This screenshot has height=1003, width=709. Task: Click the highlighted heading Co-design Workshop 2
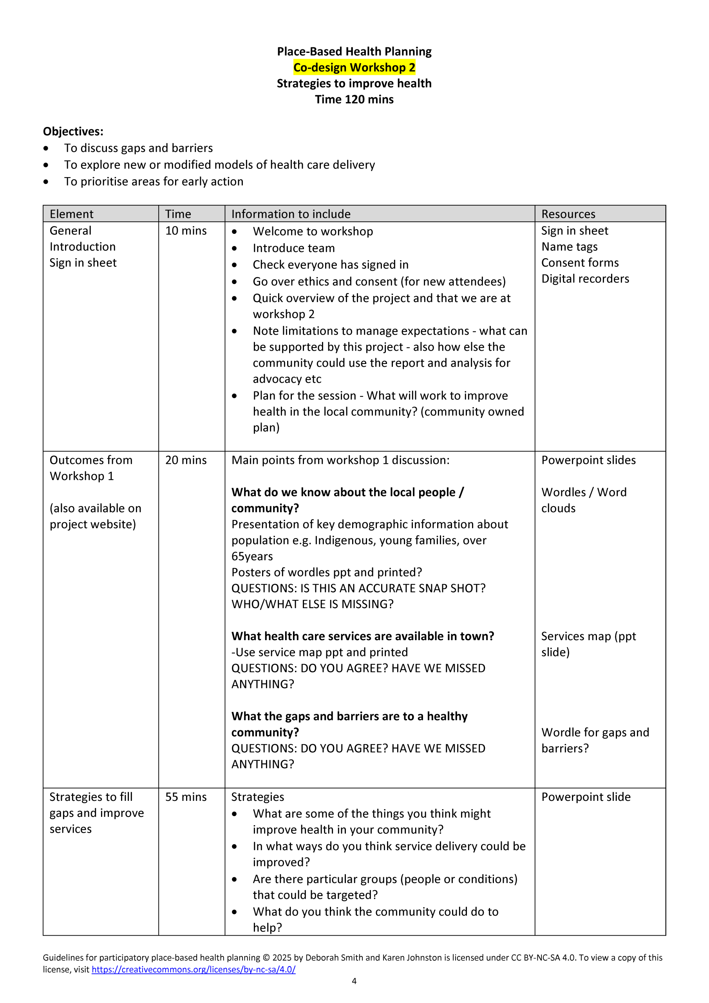[x=354, y=68]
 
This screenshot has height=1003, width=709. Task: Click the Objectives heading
[x=73, y=132]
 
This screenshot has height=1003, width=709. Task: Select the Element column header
[x=72, y=214]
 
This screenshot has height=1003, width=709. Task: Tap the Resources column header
[x=568, y=214]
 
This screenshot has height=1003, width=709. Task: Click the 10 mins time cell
[x=186, y=231]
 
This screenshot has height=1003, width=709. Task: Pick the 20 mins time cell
[x=186, y=460]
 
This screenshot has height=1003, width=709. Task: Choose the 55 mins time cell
[x=186, y=797]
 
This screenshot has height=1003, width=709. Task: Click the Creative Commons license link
[x=194, y=969]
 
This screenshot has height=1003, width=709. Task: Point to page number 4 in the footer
[x=354, y=981]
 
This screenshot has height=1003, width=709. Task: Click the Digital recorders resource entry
[x=585, y=279]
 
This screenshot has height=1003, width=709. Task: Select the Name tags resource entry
[x=569, y=247]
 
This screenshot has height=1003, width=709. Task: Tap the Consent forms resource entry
[x=580, y=263]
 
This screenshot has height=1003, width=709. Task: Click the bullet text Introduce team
[x=293, y=248]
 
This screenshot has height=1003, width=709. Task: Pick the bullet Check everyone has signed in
[x=330, y=265]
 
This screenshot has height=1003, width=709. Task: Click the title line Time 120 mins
[x=354, y=100]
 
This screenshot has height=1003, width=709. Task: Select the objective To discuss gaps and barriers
[x=139, y=148]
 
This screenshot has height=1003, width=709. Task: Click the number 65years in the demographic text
[x=252, y=556]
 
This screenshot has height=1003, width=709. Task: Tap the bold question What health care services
[x=363, y=636]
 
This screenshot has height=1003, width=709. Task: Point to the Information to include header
[x=291, y=214]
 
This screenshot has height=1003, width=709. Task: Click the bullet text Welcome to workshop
[x=313, y=232]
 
